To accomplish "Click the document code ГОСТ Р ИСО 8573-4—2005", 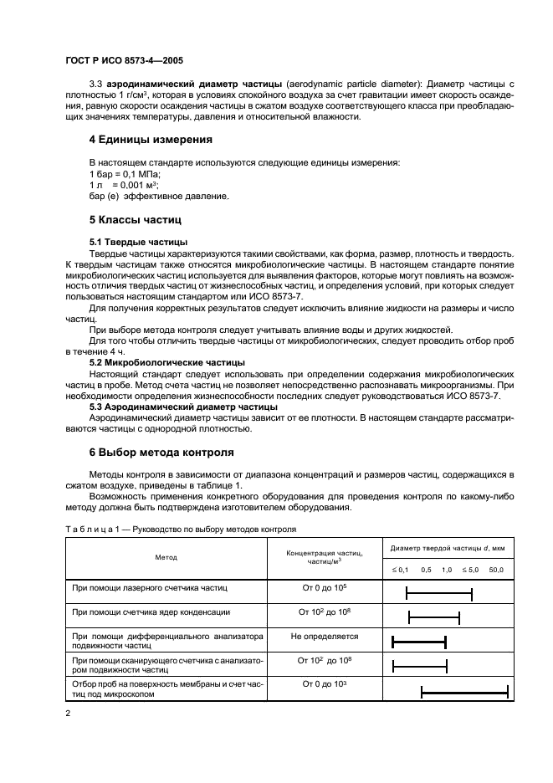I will click(124, 61).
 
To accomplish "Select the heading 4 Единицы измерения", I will click(151, 139).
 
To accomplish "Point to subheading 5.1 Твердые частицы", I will click(127, 242).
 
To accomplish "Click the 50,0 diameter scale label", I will click(496, 569).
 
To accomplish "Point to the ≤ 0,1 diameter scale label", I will click(399, 569).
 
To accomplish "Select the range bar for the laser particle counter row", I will click(439, 593).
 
